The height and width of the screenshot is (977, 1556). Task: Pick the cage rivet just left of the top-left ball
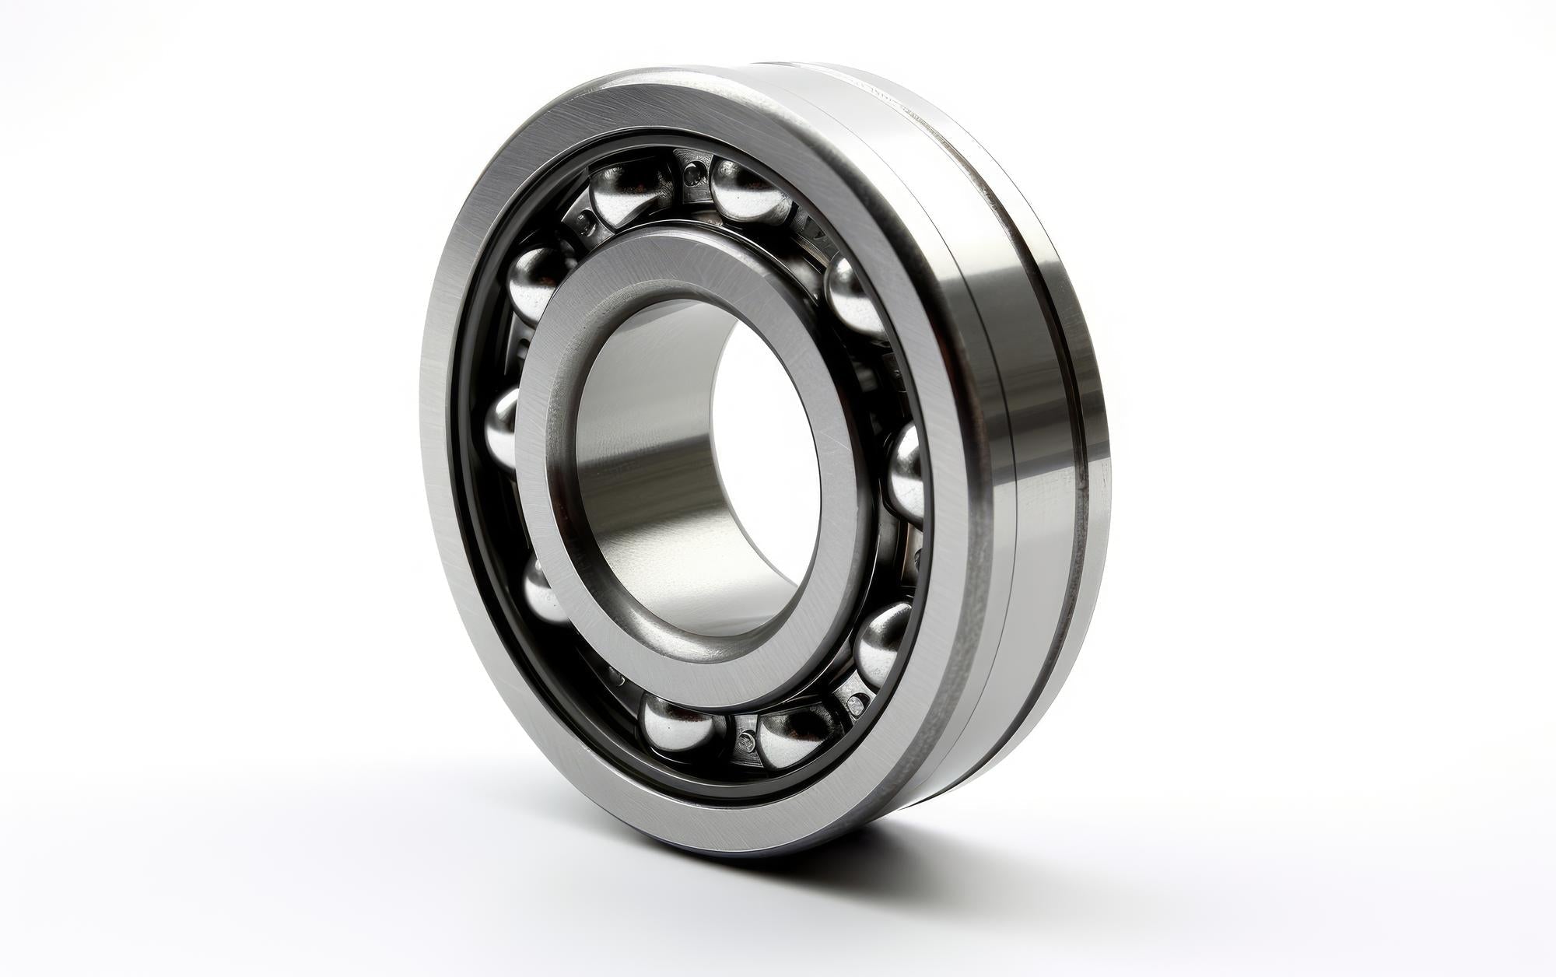[x=585, y=226]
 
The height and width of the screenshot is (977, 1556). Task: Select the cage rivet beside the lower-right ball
[x=856, y=704]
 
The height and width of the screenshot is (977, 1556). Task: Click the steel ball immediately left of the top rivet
[x=630, y=191]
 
